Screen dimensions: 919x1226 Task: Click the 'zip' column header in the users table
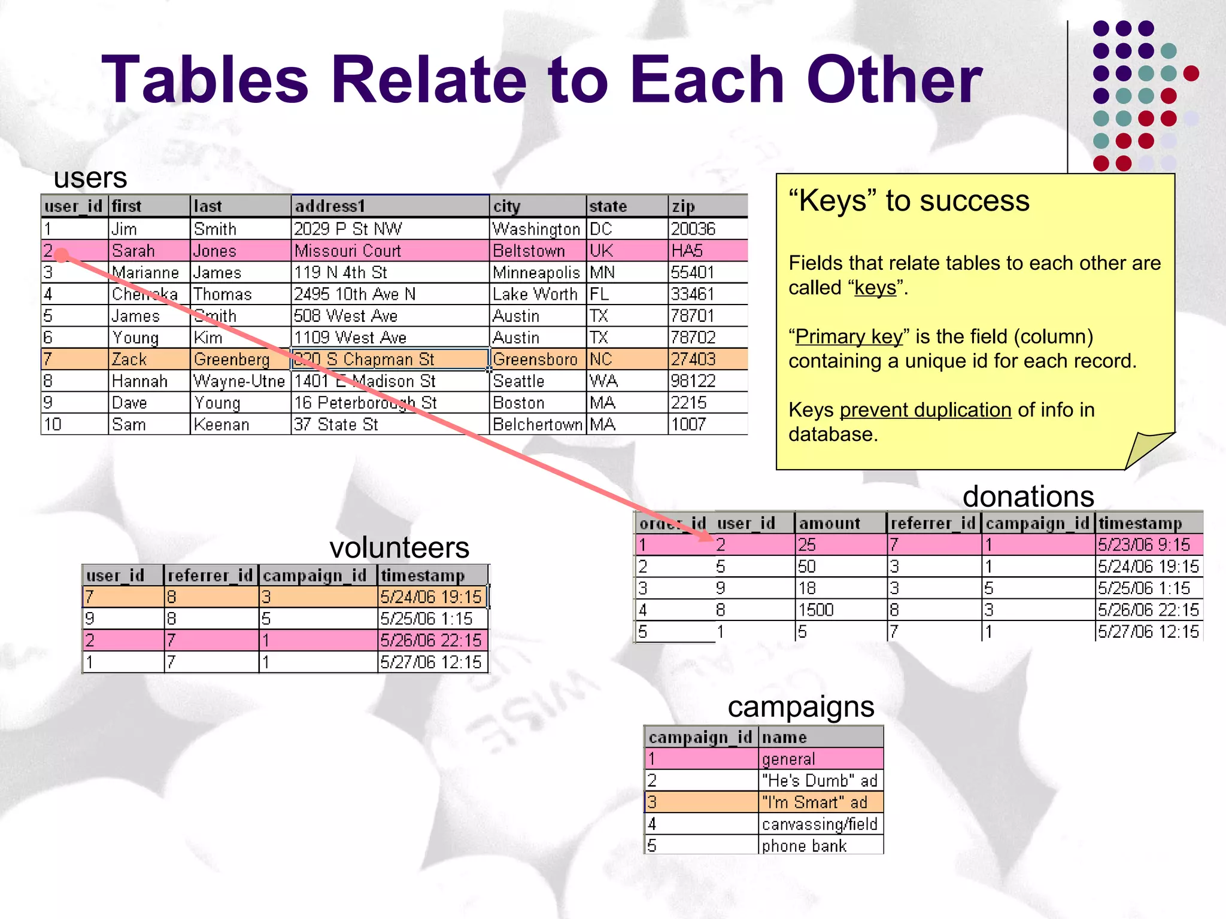(683, 206)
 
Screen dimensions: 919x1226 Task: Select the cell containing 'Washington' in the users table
(536, 229)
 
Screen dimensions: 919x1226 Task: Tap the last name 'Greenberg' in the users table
(232, 360)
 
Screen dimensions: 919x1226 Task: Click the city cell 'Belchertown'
(537, 425)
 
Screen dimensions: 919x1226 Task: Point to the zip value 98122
(693, 381)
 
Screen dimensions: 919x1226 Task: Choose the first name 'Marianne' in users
(145, 273)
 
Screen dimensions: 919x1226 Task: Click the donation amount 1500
(816, 610)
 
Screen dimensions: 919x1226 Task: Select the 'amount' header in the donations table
(829, 524)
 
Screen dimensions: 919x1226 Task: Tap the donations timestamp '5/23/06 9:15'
(1143, 545)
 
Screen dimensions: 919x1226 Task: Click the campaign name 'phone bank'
(804, 846)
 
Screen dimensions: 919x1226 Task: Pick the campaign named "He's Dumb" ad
(819, 781)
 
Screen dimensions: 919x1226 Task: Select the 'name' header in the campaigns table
(784, 737)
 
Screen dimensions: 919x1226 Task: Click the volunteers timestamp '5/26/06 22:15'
(430, 641)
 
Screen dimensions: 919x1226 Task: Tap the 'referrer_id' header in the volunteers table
(210, 576)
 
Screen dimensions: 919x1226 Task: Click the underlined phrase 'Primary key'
(848, 337)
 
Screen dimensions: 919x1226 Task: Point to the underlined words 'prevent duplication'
(925, 410)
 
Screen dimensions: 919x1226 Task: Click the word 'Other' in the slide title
(894, 80)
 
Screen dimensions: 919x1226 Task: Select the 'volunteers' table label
(399, 547)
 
